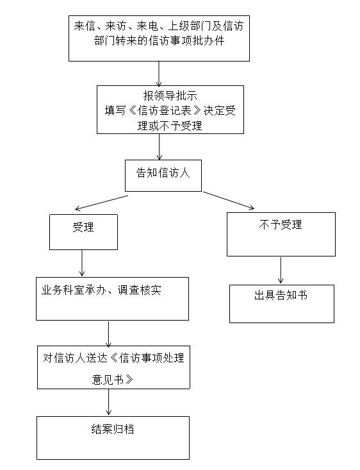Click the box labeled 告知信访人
[163, 176]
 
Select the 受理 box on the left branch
[83, 232]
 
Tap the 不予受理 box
[281, 235]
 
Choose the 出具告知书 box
[282, 304]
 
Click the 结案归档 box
[113, 438]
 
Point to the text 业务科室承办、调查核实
[101, 290]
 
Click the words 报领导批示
[170, 96]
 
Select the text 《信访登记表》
[164, 110]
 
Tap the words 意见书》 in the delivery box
[112, 380]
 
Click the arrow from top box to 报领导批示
[159, 74]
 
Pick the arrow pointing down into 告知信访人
[160, 147]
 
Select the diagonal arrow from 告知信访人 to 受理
[102, 203]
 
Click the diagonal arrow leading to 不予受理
[229, 200]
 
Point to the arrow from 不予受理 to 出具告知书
[281, 271]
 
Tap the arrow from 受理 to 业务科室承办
[82, 263]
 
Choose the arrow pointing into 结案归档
[108, 402]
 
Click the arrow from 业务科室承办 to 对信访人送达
[108, 334]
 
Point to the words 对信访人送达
[75, 358]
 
